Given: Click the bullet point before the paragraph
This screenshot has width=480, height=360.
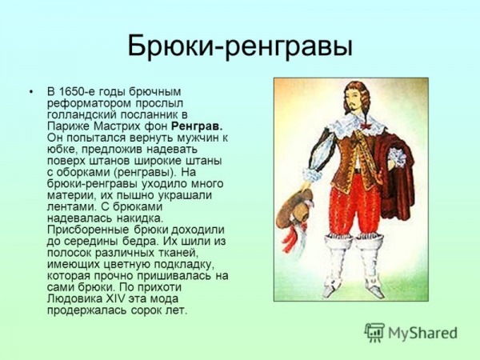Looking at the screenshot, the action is tap(30, 92).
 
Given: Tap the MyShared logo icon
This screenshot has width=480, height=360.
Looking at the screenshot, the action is tap(374, 333).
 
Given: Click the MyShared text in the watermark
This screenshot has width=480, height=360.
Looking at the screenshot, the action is tap(422, 333).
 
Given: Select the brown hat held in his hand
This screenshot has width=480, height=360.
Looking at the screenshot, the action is tap(295, 209).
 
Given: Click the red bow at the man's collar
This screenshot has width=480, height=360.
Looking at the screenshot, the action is tap(366, 126).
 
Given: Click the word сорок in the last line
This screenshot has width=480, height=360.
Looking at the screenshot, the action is tap(147, 310).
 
